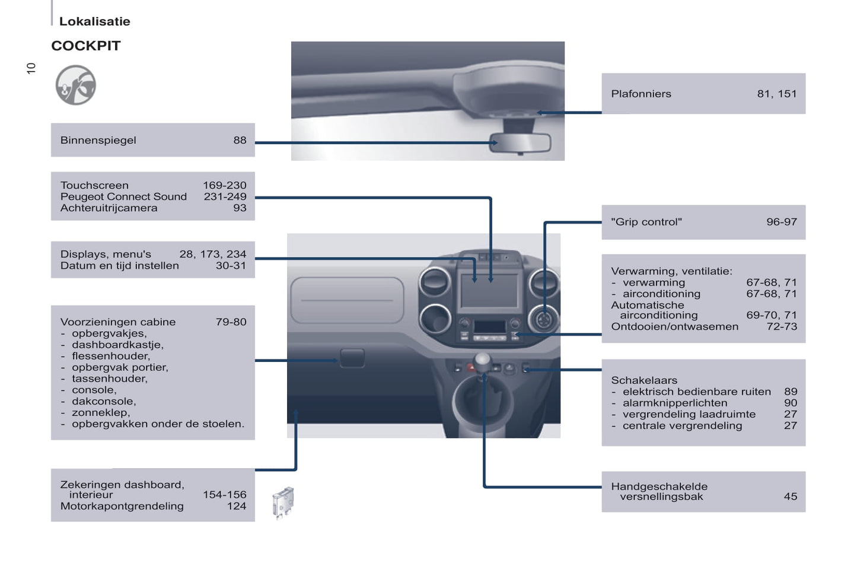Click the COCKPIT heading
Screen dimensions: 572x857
click(x=86, y=46)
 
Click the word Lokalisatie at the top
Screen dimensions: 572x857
click(x=94, y=21)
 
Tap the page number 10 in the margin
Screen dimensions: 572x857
click(x=31, y=68)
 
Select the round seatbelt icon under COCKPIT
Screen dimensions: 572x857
click(x=75, y=85)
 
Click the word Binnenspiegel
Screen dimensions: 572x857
click(x=98, y=141)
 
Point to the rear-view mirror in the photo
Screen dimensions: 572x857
click(x=520, y=143)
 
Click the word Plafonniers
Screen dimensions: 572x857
click(x=641, y=94)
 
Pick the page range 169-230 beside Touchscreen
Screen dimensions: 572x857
click(x=224, y=185)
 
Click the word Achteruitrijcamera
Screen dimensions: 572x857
click(x=109, y=208)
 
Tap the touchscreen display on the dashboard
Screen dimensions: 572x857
click(x=489, y=290)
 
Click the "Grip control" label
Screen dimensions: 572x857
click(x=646, y=222)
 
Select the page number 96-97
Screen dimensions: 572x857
click(x=781, y=222)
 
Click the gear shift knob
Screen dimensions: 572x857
click(x=483, y=360)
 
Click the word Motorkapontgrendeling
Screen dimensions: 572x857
click(x=122, y=506)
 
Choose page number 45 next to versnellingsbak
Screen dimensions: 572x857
click(x=790, y=497)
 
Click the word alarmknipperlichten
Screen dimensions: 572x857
click(x=674, y=403)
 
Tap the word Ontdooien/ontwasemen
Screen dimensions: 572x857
click(x=674, y=326)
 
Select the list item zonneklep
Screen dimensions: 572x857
click(x=100, y=412)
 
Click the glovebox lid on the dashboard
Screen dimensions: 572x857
click(x=347, y=300)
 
